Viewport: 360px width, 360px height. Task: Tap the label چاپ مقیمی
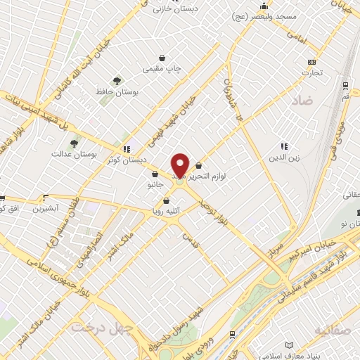(162, 69)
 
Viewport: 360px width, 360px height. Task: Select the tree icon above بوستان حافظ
(116, 81)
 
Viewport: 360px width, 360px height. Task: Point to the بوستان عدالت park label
(73, 153)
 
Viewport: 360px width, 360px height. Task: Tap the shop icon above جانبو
(154, 174)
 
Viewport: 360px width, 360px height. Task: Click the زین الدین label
(285, 158)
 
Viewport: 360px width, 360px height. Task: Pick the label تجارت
(312, 72)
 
